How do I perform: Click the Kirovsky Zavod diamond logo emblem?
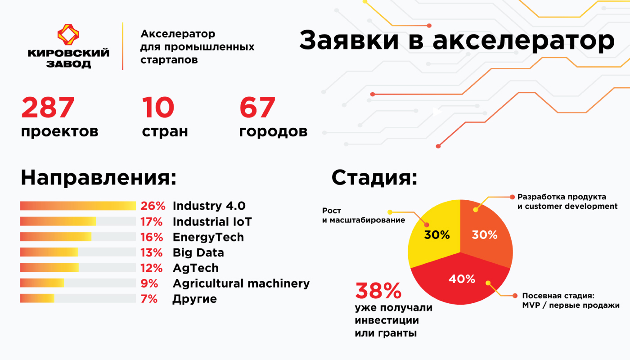coord(68,35)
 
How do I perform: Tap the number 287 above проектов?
coord(48,107)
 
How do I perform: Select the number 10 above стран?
coord(158,107)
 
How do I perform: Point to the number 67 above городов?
coord(257,107)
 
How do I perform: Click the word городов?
coord(273,131)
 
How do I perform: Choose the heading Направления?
coord(99,178)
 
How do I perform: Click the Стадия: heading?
coord(374,178)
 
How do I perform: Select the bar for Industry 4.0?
coord(78,206)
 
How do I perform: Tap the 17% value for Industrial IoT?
coord(152,221)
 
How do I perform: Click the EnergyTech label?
coord(208,238)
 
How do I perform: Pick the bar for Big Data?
coord(78,252)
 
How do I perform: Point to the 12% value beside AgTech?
coord(152,268)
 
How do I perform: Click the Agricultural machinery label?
coord(241,283)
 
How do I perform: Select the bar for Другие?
coord(78,298)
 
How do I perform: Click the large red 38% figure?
coord(378,291)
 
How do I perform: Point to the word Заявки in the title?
coord(349,40)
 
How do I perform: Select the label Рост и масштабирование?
coord(364,215)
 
